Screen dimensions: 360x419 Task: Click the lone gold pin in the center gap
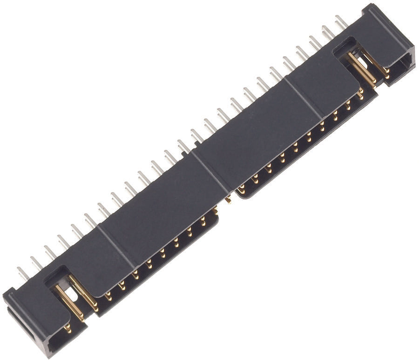(x=228, y=200)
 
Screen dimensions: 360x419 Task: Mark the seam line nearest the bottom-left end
(x=116, y=247)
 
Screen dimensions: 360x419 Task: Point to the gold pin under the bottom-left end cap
(x=68, y=328)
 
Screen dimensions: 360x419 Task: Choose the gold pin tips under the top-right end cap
(x=386, y=72)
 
